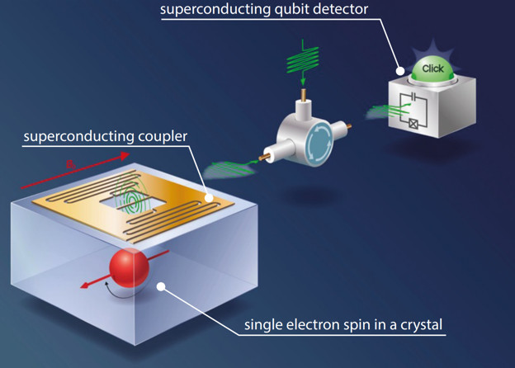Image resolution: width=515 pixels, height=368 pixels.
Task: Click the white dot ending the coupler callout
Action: tap(210, 197)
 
